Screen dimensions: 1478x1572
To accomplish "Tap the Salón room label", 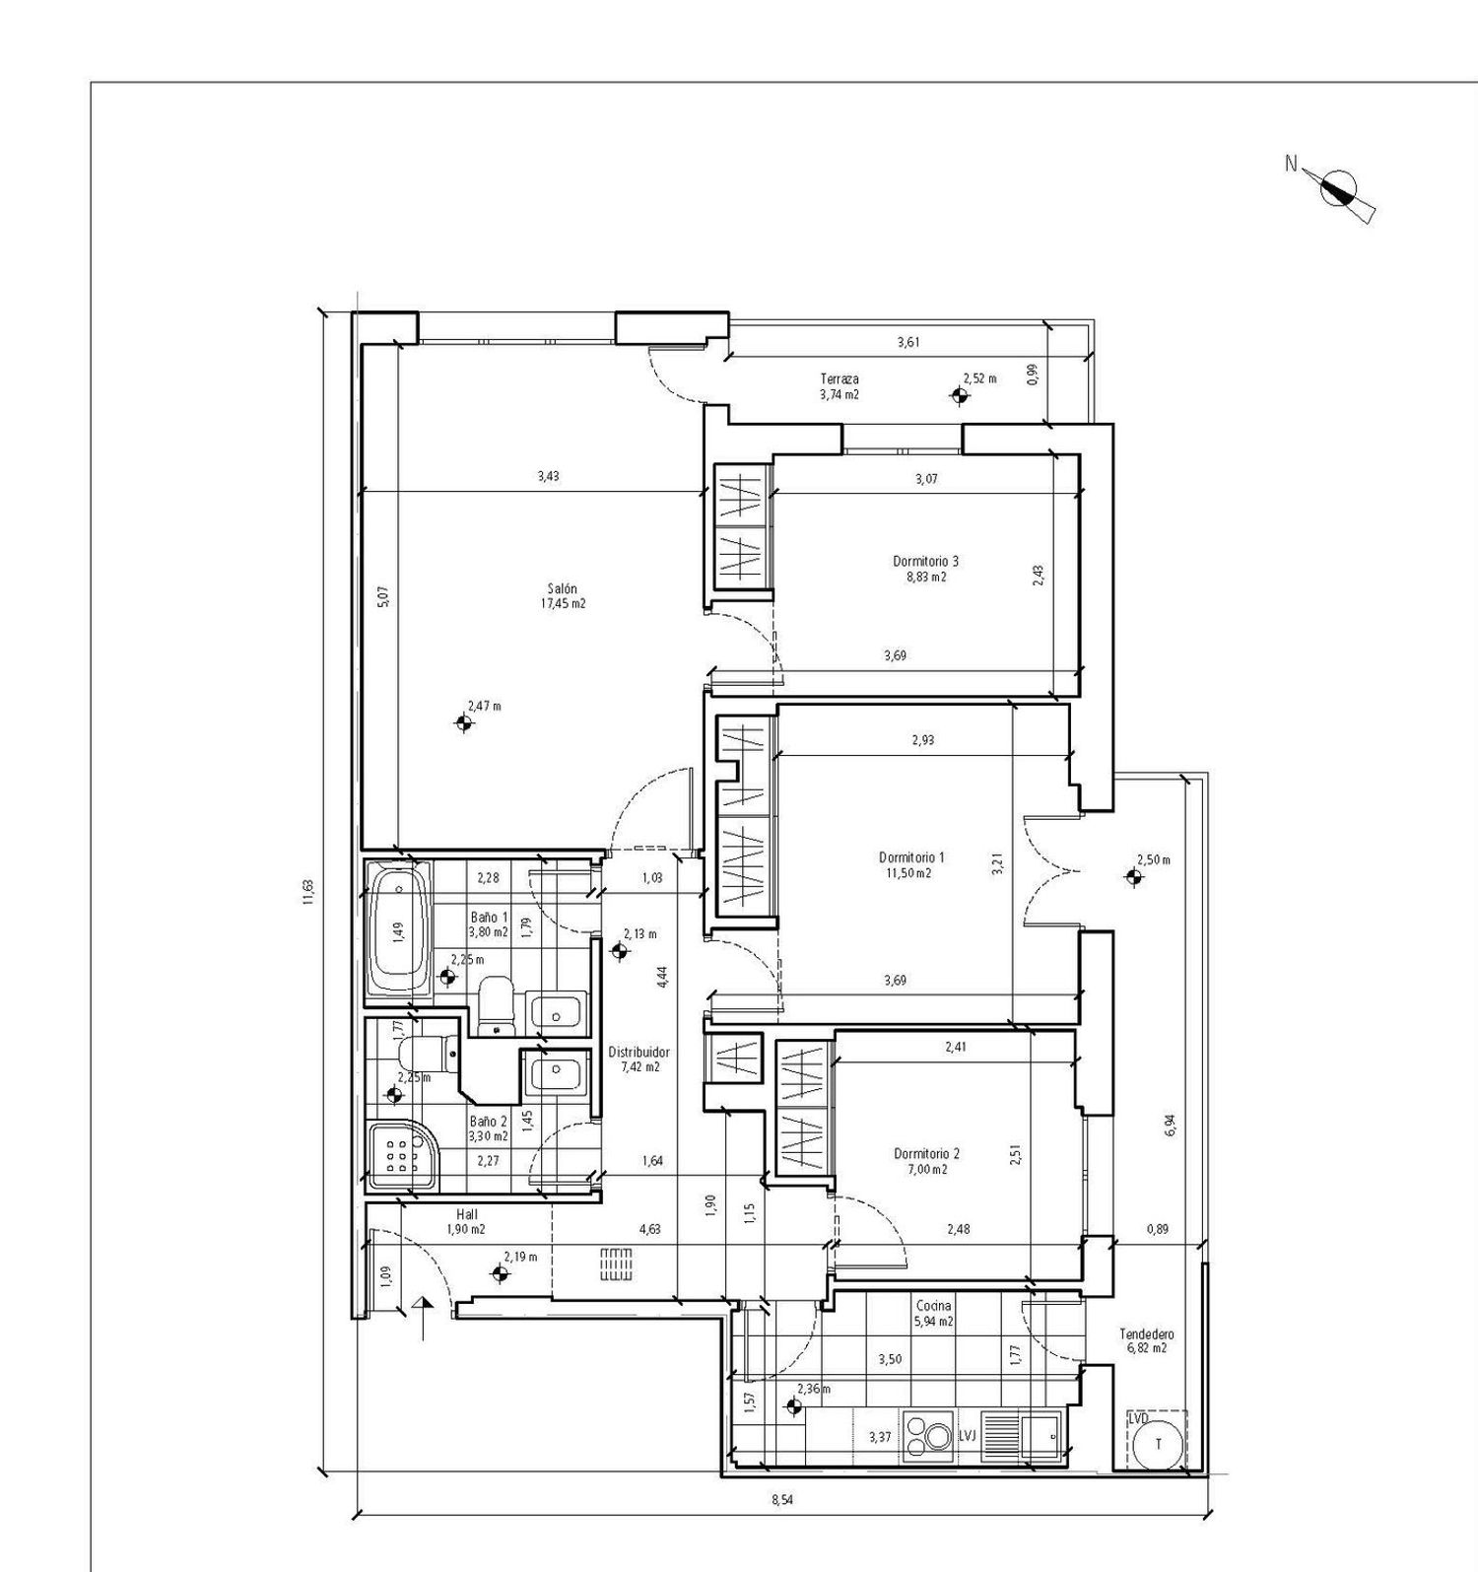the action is pyautogui.click(x=563, y=588).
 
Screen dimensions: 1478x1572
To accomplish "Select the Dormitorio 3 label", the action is pyautogui.click(x=925, y=561).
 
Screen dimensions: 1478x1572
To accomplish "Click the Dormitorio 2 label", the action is pyautogui.click(x=926, y=1153).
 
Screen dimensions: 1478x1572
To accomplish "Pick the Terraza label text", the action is pyautogui.click(x=840, y=378).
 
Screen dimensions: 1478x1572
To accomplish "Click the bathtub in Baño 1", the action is pyautogui.click(x=397, y=931).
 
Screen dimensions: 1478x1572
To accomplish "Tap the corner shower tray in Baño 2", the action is pyautogui.click(x=399, y=1155).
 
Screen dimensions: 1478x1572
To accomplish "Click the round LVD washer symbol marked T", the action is pyautogui.click(x=1158, y=1444).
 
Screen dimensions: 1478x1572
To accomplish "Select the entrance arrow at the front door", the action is pyautogui.click(x=424, y=1319).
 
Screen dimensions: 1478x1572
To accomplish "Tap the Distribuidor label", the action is pyautogui.click(x=638, y=1052).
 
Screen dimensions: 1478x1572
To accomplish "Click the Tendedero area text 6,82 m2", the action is pyautogui.click(x=1146, y=1348).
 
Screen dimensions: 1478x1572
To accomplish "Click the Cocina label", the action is pyautogui.click(x=932, y=1305).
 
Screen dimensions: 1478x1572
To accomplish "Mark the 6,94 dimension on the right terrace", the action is pyautogui.click(x=1170, y=1125).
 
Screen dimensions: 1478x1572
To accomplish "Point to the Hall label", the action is pyautogui.click(x=467, y=1215).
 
